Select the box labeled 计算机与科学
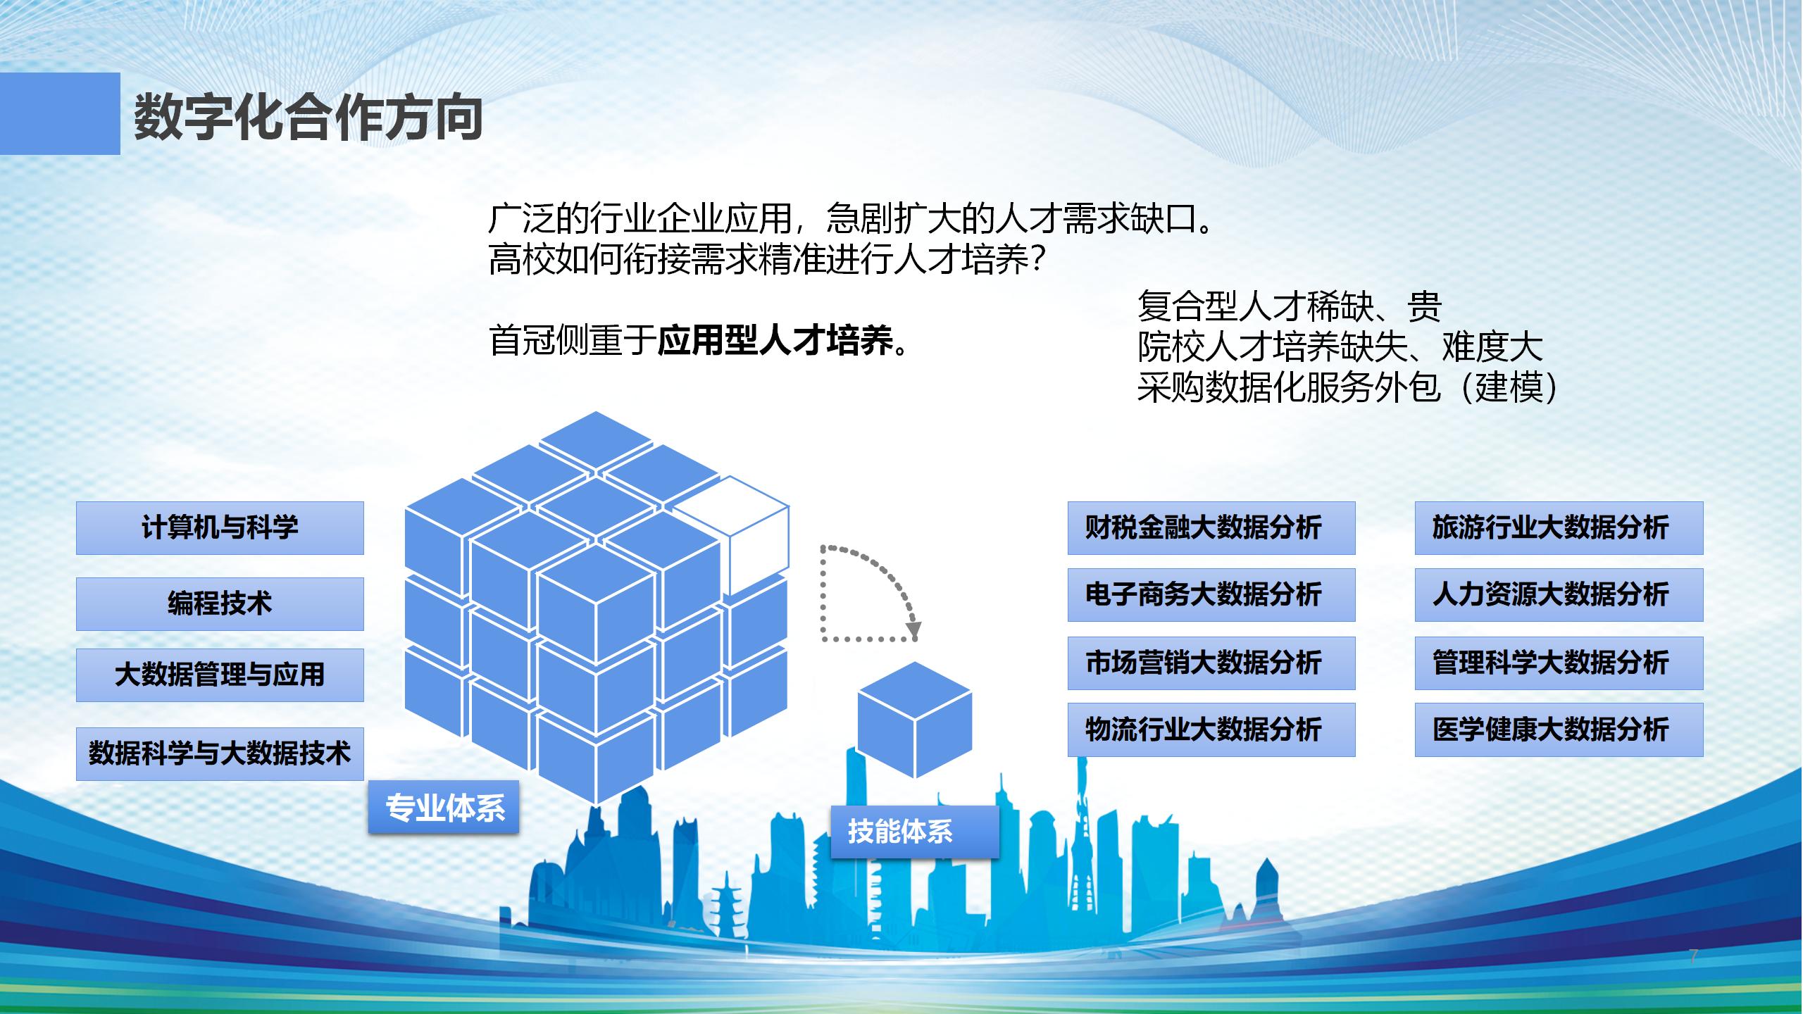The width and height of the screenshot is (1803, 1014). [x=220, y=528]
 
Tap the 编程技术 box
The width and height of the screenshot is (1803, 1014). [x=220, y=603]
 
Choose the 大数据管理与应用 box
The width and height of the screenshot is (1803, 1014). [x=220, y=675]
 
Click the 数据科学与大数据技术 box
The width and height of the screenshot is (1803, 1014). [x=220, y=753]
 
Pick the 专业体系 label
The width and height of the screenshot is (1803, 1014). [x=444, y=807]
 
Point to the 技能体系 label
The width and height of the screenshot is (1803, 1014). [x=915, y=832]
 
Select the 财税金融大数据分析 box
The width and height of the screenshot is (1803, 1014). [x=1211, y=528]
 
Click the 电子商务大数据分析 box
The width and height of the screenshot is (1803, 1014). [x=1211, y=595]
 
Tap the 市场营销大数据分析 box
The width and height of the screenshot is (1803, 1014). [x=1211, y=663]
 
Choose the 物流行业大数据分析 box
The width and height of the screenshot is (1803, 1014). [x=1211, y=730]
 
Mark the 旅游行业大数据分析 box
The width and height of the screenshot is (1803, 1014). [x=1559, y=528]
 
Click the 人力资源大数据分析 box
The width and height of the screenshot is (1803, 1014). [x=1559, y=595]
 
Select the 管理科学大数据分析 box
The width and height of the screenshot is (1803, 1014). [x=1559, y=663]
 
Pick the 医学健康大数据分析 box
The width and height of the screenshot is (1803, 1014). [x=1559, y=730]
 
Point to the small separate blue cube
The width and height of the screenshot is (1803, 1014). [x=914, y=720]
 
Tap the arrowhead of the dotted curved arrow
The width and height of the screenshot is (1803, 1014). [x=913, y=629]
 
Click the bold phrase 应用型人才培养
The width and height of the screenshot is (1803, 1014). [x=775, y=341]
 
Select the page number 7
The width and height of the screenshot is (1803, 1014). [x=1693, y=956]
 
